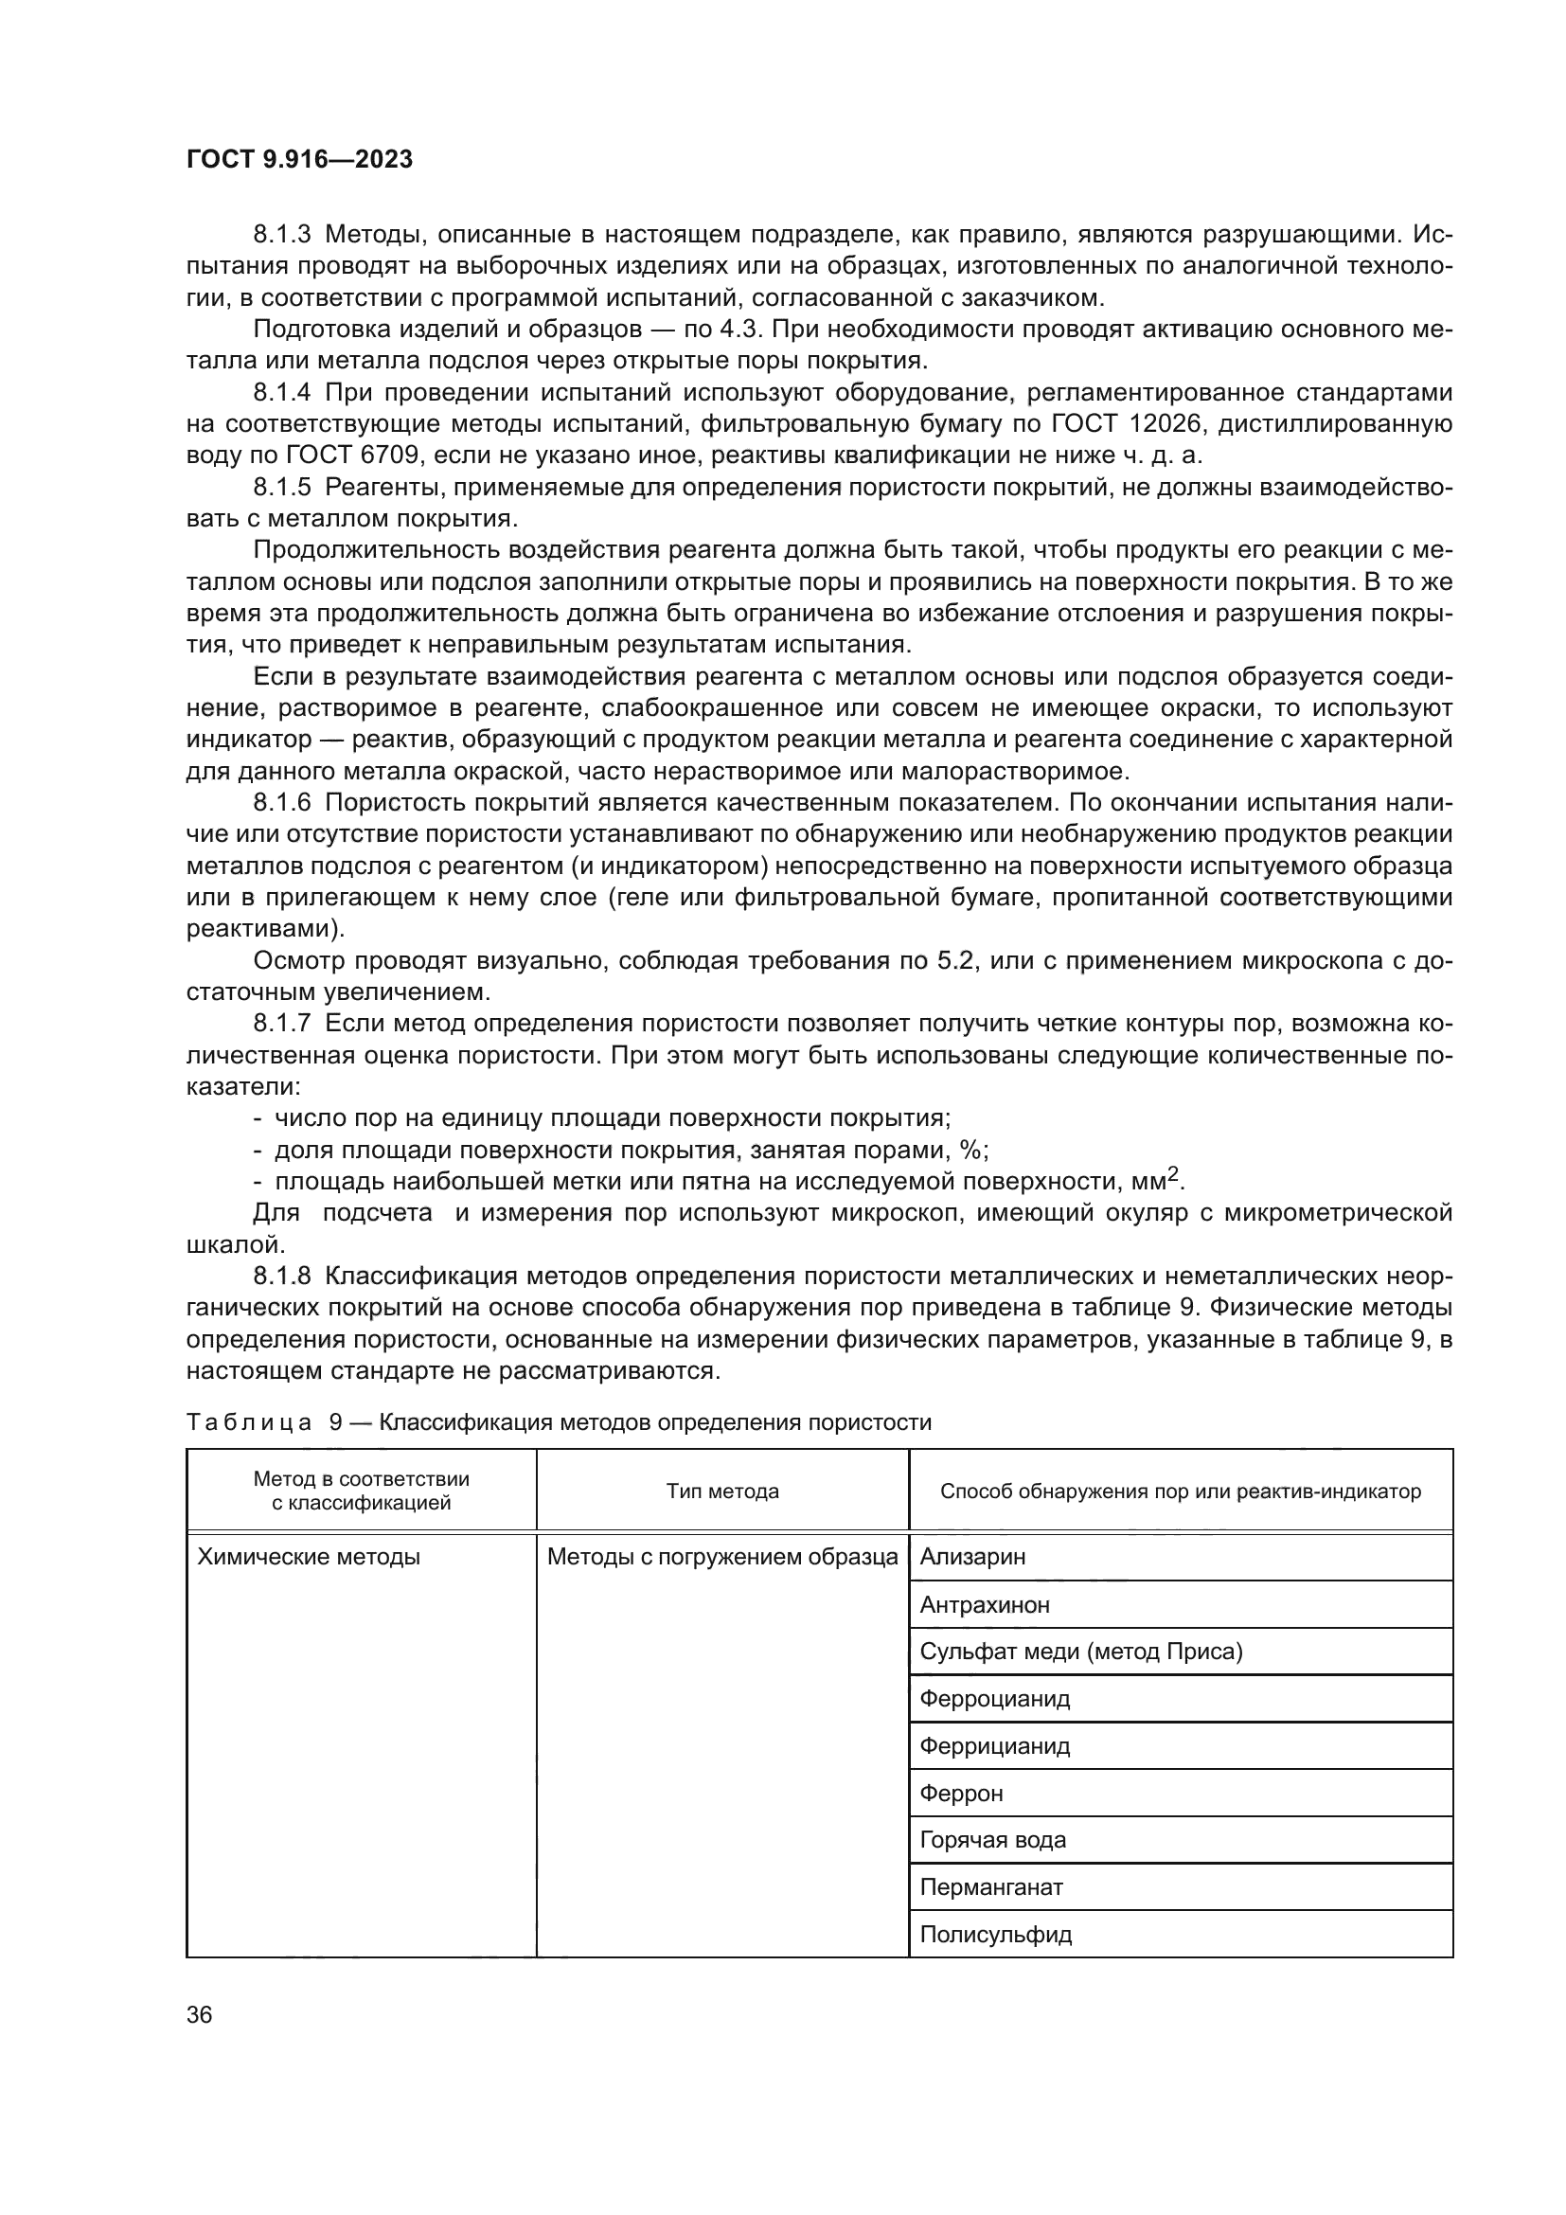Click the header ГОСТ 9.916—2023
[299, 159]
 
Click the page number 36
[200, 2014]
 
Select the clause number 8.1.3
[281, 235]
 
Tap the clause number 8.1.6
[281, 803]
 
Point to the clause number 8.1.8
[281, 1277]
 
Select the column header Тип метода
[722, 1492]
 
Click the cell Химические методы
[309, 1556]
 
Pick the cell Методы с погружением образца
[722, 1556]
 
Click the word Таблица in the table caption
[249, 1422]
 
